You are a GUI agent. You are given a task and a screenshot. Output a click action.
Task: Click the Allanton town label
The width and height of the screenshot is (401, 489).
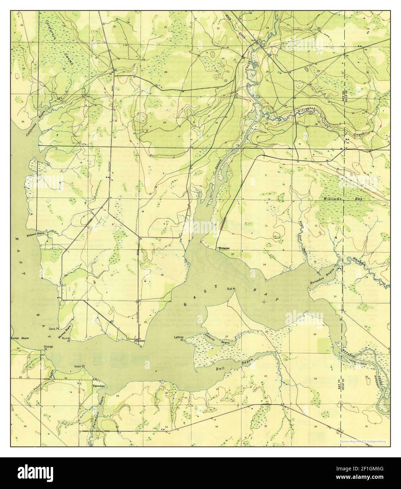[x=140, y=341]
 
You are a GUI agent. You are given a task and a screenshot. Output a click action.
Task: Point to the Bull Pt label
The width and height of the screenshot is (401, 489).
[x=231, y=288]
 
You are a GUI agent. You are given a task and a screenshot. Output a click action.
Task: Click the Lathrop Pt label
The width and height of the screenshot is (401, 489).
[x=179, y=338]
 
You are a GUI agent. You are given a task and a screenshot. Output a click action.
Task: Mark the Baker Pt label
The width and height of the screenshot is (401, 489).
[x=79, y=367]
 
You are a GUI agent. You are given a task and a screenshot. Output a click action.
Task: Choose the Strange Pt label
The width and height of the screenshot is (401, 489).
[x=48, y=348]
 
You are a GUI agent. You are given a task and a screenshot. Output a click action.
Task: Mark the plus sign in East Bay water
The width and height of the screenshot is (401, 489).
[x=264, y=302]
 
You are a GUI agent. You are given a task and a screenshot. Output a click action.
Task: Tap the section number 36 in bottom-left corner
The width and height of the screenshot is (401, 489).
[x=25, y=426]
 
